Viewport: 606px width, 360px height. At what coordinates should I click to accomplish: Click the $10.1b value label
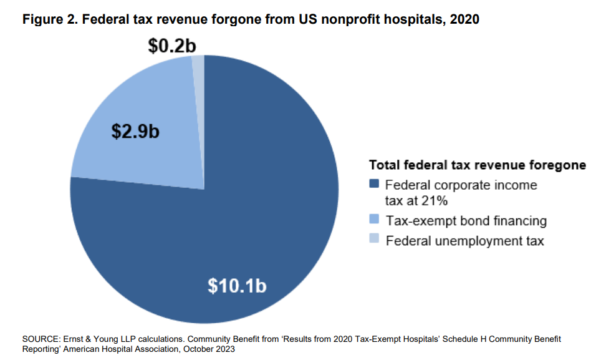pyautogui.click(x=237, y=286)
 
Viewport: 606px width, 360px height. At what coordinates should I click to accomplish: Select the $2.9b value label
pyautogui.click(x=135, y=132)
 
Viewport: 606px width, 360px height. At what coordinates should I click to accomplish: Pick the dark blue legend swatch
pyautogui.click(x=374, y=185)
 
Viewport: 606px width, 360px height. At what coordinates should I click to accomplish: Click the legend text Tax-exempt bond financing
pyautogui.click(x=466, y=220)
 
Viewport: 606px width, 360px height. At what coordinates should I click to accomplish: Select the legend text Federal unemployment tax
pyautogui.click(x=464, y=240)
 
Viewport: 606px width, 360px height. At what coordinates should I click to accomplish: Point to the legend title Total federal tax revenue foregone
pyautogui.click(x=478, y=165)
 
